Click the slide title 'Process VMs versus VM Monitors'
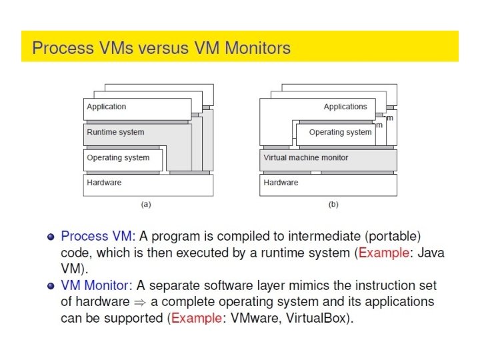161,47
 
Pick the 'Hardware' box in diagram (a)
147,183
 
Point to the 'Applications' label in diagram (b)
345,107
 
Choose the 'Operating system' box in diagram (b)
340,133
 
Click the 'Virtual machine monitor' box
306,158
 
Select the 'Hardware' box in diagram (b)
327,183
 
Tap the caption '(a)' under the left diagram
146,205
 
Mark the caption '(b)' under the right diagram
333,205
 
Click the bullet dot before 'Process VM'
51,237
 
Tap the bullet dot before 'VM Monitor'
51,286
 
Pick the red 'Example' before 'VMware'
197,318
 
